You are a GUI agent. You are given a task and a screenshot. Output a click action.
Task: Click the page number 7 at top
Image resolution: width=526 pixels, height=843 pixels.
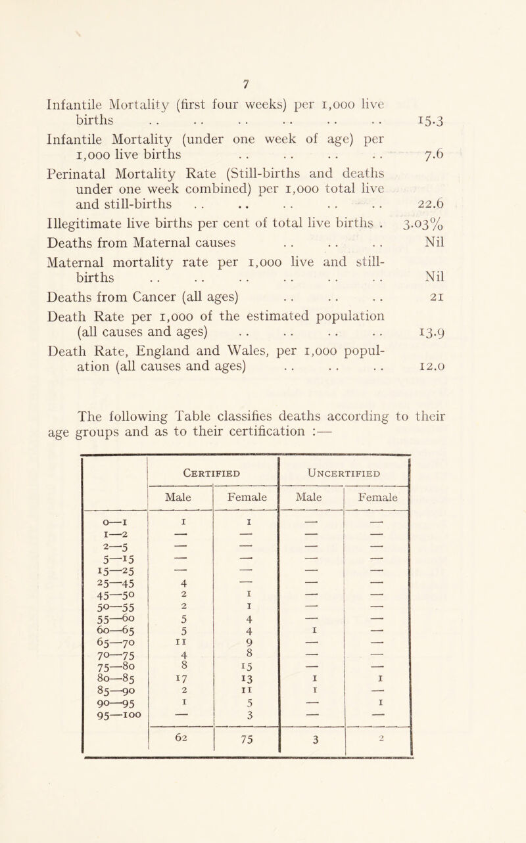pos(262,65)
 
